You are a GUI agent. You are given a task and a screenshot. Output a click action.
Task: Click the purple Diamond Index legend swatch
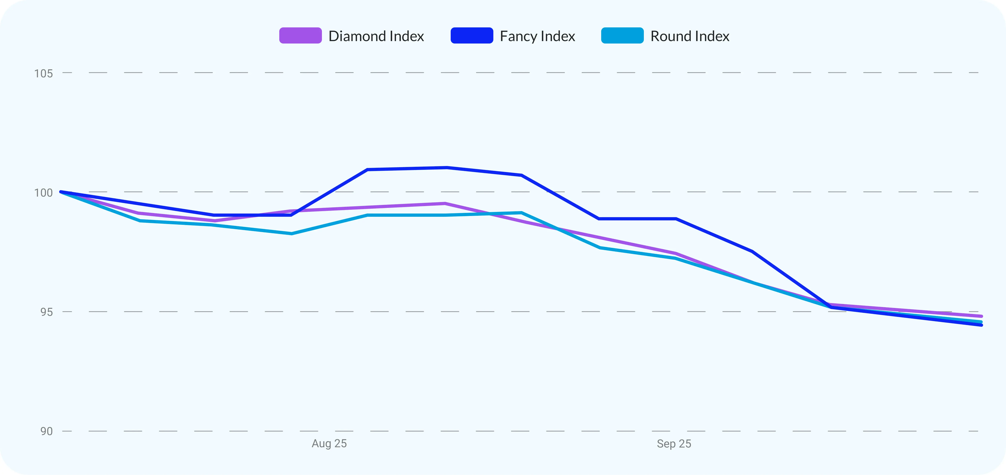point(300,36)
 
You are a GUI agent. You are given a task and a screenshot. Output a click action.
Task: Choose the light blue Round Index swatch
point(622,36)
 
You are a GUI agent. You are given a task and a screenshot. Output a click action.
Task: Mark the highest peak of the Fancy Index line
point(446,168)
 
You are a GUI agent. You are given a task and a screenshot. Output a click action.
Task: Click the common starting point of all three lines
point(61,192)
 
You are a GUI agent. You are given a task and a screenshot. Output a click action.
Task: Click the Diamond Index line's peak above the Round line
point(445,203)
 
